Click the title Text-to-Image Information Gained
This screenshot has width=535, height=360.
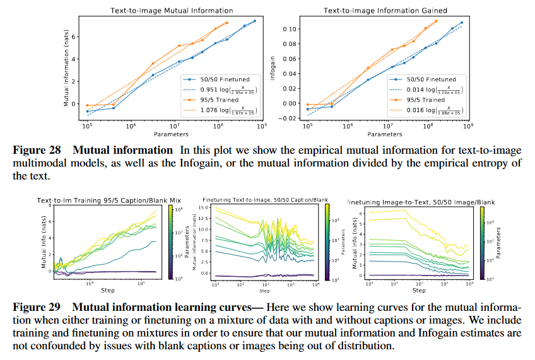click(385, 11)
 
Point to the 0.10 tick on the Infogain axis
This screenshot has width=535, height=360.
click(288, 29)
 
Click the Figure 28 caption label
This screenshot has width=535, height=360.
click(38, 150)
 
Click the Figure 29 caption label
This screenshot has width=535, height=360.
click(38, 307)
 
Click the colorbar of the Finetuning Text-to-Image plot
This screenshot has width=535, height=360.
click(327, 243)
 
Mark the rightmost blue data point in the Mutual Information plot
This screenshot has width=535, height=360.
click(254, 21)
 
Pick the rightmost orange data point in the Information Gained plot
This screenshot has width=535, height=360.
click(435, 21)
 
